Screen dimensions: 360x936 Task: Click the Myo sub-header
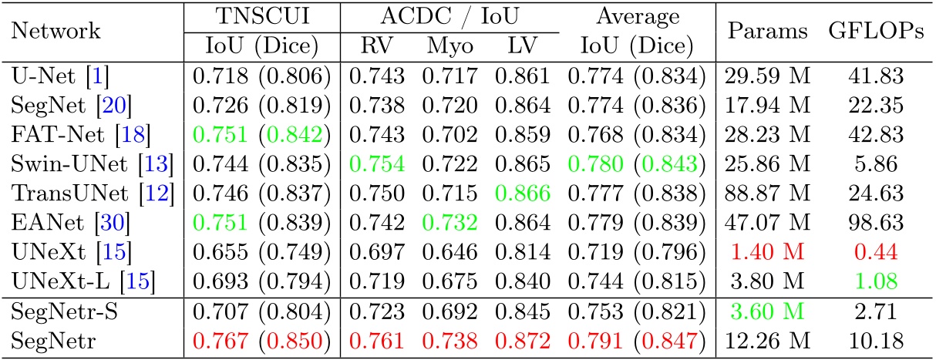pyautogui.click(x=446, y=46)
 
